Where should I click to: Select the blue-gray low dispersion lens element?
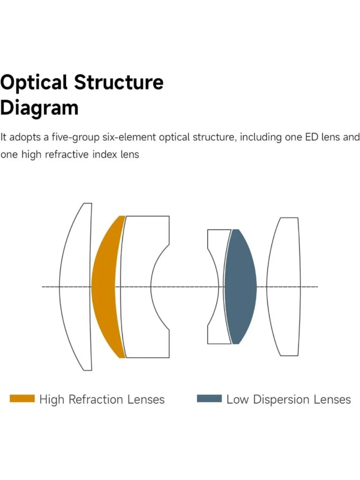[x=240, y=287]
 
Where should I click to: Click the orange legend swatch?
[x=22, y=398]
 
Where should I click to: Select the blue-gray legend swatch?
[x=209, y=398]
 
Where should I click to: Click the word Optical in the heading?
[x=34, y=83]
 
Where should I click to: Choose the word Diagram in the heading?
[x=39, y=108]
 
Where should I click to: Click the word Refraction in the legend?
[x=96, y=399]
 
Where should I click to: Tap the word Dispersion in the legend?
[x=281, y=400]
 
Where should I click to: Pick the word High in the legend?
[x=52, y=400]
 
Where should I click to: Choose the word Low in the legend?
[x=238, y=399]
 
